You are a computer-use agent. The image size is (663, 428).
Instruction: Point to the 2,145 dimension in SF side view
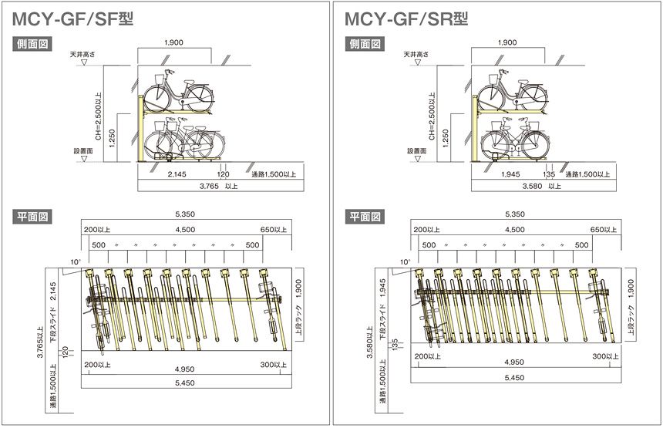click(177, 175)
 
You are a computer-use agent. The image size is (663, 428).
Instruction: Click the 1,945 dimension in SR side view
click(510, 175)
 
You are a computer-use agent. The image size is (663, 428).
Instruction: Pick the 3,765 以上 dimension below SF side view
click(219, 187)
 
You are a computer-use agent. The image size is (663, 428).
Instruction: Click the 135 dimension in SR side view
click(550, 175)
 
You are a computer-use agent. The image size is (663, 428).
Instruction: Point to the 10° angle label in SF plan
click(75, 263)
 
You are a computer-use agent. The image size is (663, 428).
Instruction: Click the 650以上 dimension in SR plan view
click(603, 230)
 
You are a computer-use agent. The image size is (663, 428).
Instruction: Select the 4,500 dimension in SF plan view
click(184, 230)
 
